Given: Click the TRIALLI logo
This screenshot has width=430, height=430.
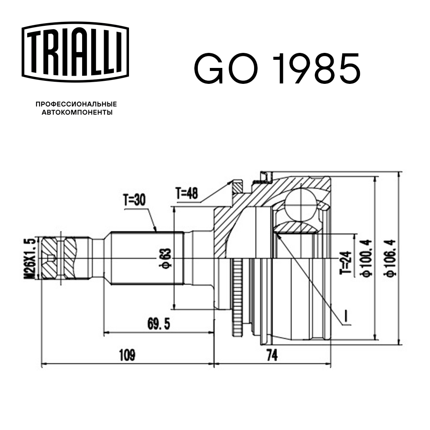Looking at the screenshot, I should tap(76, 50).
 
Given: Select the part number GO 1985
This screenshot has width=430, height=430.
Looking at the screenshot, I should tap(277, 68).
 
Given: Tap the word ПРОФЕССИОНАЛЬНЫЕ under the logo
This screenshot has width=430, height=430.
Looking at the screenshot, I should tap(76, 104).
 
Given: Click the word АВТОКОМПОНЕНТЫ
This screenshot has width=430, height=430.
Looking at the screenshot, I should tap(76, 113).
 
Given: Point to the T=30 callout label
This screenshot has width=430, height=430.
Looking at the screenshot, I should tap(135, 200).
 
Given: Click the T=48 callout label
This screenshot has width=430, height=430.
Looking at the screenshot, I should tap(187, 195).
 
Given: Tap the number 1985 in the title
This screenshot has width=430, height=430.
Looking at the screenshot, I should tap(314, 68).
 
